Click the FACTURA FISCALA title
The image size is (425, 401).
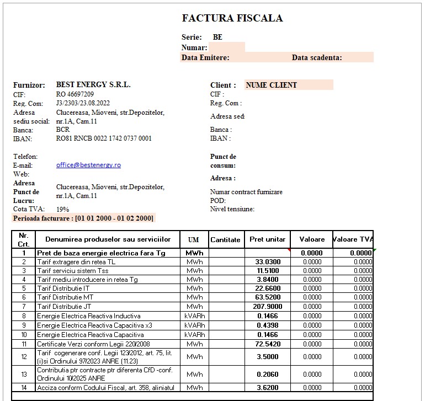(x=232, y=18)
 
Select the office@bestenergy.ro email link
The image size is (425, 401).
(x=88, y=165)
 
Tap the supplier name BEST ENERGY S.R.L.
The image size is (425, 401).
(x=93, y=85)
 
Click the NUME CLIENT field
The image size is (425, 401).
(x=271, y=85)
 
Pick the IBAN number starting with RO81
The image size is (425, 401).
(x=104, y=138)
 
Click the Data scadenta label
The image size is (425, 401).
(x=317, y=57)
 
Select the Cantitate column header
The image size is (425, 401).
(x=225, y=239)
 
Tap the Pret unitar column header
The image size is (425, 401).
(x=268, y=239)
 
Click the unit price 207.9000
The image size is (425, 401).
(x=268, y=306)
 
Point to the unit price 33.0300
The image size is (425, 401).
(x=268, y=262)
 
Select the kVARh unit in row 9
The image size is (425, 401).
(x=194, y=325)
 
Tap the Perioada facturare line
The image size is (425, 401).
(x=83, y=218)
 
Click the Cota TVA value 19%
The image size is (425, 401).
(x=63, y=209)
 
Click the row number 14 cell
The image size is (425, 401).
(x=23, y=388)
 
